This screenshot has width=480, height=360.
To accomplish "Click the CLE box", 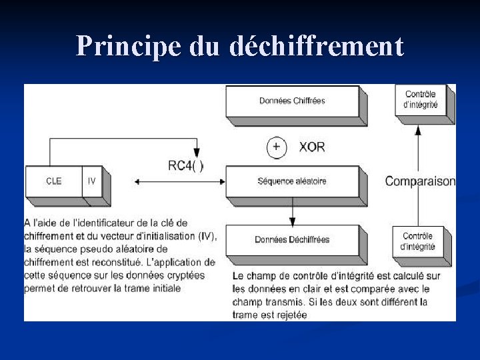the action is coord(53,181).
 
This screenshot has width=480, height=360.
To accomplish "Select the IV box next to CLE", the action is coord(92,181).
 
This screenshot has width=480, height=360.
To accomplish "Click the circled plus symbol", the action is coord(277,147).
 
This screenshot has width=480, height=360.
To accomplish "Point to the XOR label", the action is coord(312,147).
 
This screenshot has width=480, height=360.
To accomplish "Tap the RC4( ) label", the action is coord(186,166).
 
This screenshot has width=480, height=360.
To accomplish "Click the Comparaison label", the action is coord(420,181).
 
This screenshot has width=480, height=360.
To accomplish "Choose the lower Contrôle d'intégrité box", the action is coord(418,241).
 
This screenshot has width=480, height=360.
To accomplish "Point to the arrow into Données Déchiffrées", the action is coord(292,220).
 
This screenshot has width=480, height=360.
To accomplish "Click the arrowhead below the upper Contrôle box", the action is coord(418,130).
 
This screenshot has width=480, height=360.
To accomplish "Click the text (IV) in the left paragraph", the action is coord(206,235).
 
